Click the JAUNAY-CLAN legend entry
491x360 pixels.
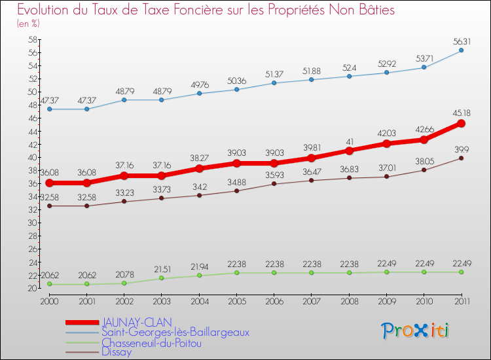pos(136,322)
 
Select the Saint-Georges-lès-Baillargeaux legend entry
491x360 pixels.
pos(175,332)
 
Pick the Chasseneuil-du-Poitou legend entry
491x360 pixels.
pos(151,342)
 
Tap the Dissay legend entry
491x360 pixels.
pos(117,351)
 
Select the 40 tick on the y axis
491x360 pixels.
pos(32,157)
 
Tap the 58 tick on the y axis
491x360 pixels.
pos(32,39)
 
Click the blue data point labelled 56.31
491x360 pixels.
pos(461,50)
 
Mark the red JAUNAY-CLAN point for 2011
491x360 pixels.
pos(461,123)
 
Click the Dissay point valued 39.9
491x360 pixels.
pos(461,158)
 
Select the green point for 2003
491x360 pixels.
pos(162,278)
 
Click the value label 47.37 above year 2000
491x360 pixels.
pos(50,99)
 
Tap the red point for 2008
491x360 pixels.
pos(349,151)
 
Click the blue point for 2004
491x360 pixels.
pos(199,93)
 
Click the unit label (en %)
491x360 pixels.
pos(28,24)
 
